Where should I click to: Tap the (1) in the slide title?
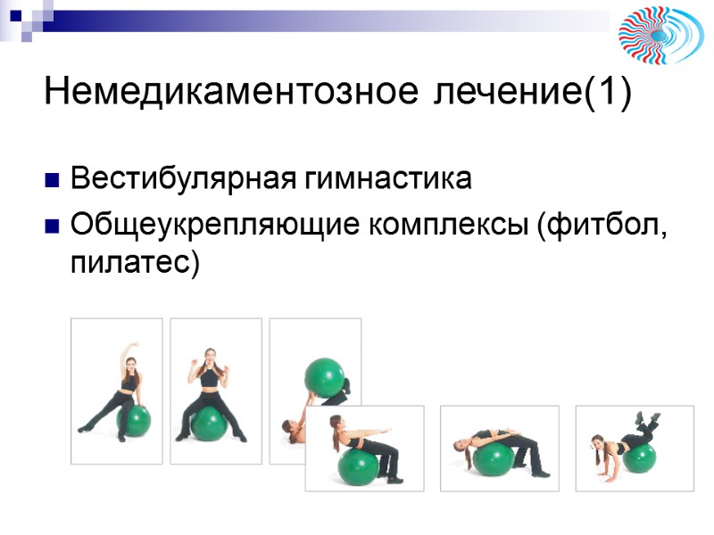pos(607,92)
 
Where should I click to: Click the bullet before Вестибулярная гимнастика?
pos(52,180)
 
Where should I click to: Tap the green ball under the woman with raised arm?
pos(135,421)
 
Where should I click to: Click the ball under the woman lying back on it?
pos(492,458)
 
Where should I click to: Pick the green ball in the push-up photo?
pos(639,457)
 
